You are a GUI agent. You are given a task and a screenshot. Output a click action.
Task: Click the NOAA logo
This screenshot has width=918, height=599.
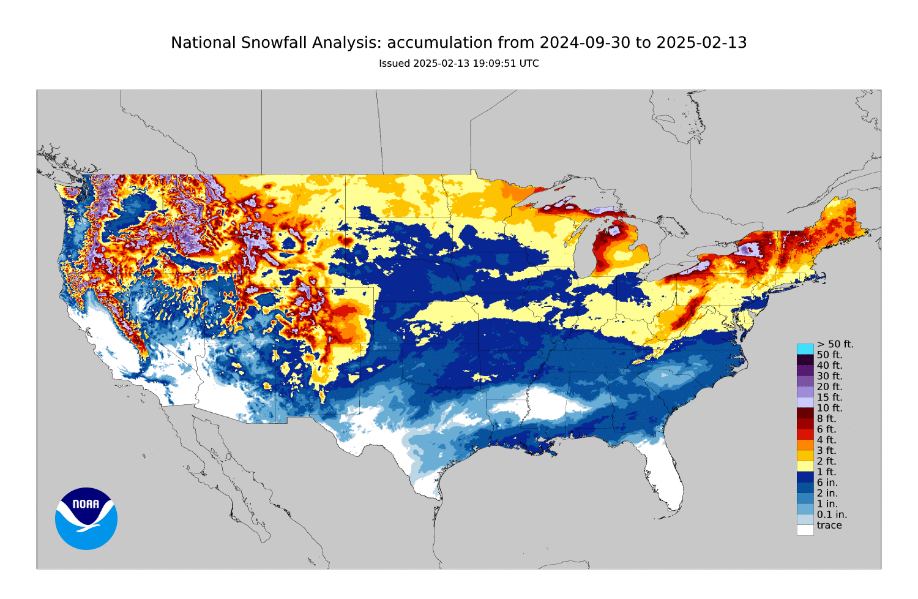coord(86,518)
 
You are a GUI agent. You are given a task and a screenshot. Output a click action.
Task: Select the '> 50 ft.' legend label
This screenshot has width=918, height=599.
coord(835,344)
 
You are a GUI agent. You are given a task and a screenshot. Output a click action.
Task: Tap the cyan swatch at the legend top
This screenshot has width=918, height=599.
coord(805,348)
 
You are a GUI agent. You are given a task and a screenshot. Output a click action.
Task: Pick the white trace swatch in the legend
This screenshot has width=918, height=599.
coord(805,530)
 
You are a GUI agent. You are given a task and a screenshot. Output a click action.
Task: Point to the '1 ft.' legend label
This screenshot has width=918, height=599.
coord(826,472)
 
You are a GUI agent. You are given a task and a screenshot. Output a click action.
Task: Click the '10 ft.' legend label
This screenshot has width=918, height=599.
coord(829,408)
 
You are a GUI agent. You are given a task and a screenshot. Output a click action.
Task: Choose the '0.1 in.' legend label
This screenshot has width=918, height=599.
coord(832,514)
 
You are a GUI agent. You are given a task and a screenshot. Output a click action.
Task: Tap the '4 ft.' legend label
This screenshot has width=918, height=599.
coord(826,440)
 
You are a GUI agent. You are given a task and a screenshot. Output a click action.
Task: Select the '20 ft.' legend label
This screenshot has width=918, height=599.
coord(829,386)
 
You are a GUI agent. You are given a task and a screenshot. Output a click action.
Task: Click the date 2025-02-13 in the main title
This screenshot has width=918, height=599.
coord(701,43)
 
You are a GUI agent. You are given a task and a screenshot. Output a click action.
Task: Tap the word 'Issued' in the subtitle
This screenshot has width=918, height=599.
coord(394,64)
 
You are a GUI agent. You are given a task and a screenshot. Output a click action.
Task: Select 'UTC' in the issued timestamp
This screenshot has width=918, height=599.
coord(529,64)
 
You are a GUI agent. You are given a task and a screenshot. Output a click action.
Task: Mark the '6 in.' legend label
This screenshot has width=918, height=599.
coord(827,483)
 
